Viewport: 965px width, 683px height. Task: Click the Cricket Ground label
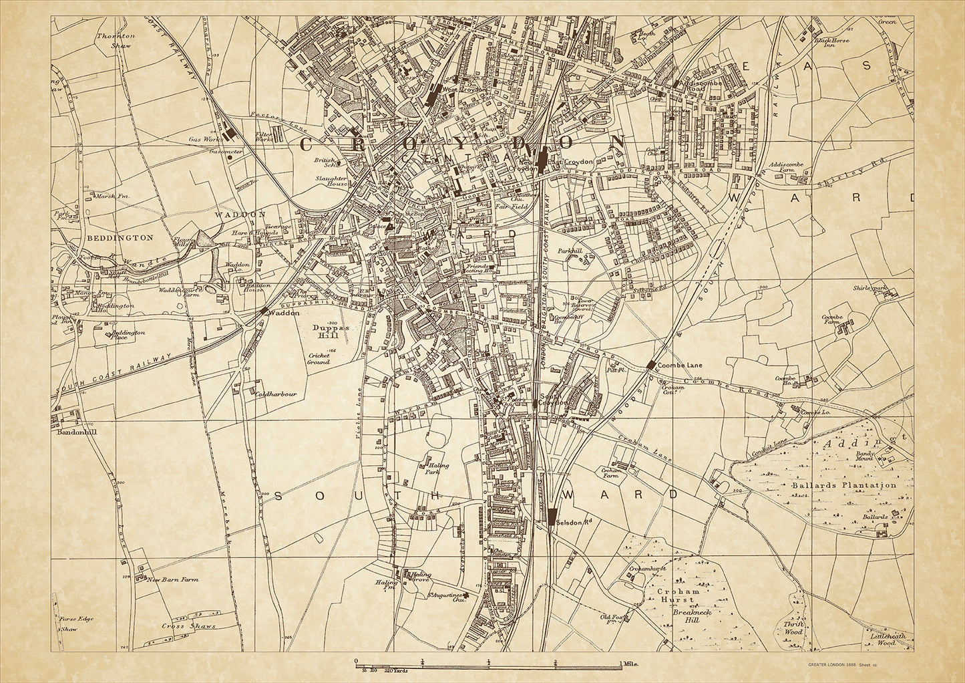(x=319, y=359)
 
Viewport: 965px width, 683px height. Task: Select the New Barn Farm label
(x=173, y=580)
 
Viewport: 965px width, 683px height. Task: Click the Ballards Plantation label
(x=843, y=485)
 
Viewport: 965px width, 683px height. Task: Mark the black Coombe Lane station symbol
(x=650, y=365)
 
